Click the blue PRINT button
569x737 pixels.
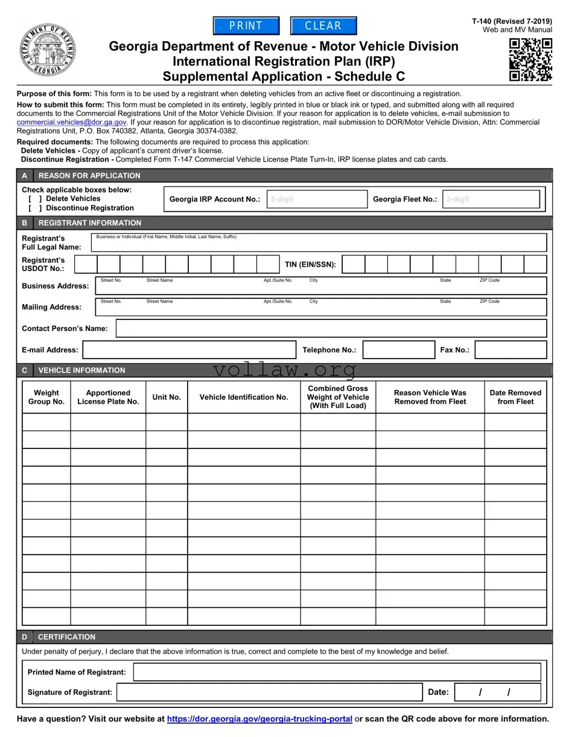point(246,26)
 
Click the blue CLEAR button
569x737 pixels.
point(323,26)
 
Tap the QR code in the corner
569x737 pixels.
point(530,59)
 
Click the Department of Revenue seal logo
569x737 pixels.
point(48,50)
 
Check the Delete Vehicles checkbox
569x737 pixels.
point(35,199)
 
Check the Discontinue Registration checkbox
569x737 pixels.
point(35,208)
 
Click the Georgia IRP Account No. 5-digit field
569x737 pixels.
point(317,199)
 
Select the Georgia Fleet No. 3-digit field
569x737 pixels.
point(491,199)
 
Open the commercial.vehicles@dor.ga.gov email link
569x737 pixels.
point(71,122)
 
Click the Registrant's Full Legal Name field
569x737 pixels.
point(319,243)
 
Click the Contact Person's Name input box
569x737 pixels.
point(331,328)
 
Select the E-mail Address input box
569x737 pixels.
point(189,350)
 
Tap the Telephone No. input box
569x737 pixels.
point(398,350)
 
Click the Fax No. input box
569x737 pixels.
point(510,350)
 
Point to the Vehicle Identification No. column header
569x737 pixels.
point(244,397)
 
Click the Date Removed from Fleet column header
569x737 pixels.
point(515,397)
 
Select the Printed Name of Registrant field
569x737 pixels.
point(337,672)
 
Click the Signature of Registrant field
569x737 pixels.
point(269,692)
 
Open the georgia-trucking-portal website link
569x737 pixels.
point(259,719)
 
